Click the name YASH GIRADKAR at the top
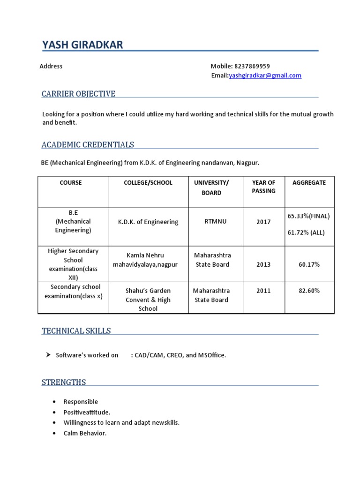pyautogui.click(x=82, y=45)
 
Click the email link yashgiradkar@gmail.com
pyautogui.click(x=265, y=75)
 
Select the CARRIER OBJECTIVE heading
pyautogui.click(x=78, y=94)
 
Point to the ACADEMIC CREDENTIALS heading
pyautogui.click(x=88, y=144)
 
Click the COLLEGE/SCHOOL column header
pyautogui.click(x=148, y=183)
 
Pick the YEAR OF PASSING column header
pyautogui.click(x=263, y=187)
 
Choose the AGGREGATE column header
pyautogui.click(x=309, y=183)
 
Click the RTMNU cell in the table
pyautogui.click(x=215, y=221)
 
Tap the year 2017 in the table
pyautogui.click(x=263, y=222)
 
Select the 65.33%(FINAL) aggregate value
pyautogui.click(x=309, y=216)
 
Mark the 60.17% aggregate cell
pyautogui.click(x=309, y=264)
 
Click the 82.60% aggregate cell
pyautogui.click(x=309, y=291)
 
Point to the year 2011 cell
pyautogui.click(x=263, y=291)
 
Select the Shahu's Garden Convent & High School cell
pyautogui.click(x=148, y=300)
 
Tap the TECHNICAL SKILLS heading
pyautogui.click(x=76, y=331)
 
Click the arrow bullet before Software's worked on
pyautogui.click(x=48, y=355)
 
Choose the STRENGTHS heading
pyautogui.click(x=64, y=382)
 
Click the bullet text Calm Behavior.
pyautogui.click(x=85, y=433)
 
